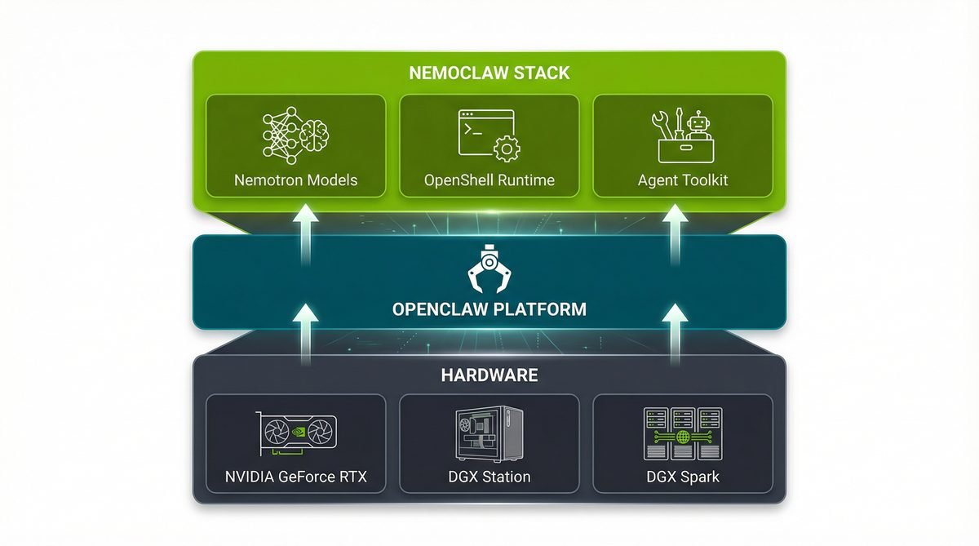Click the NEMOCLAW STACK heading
tap(489, 73)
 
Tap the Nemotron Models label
tap(295, 180)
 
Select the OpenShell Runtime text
tap(489, 180)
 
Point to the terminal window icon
tap(483, 131)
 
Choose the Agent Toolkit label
tap(682, 180)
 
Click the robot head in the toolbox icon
tap(696, 125)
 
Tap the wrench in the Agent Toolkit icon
tap(662, 126)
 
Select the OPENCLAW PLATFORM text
tap(489, 310)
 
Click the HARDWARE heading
tap(489, 375)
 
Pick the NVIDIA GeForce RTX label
tap(295, 477)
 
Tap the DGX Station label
tap(489, 477)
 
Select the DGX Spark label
tap(682, 477)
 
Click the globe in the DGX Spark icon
tap(682, 437)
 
